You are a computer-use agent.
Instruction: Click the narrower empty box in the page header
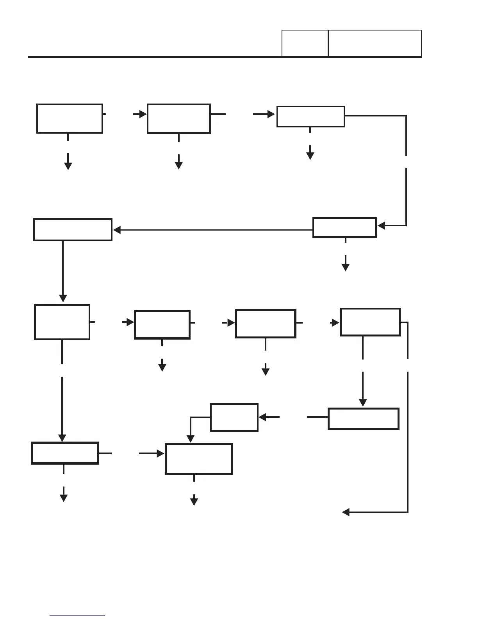point(305,43)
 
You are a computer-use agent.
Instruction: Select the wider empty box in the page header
point(375,43)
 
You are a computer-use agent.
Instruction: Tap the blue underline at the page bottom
point(77,615)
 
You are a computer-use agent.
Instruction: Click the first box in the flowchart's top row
point(70,118)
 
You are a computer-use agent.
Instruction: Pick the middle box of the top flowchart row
point(179,118)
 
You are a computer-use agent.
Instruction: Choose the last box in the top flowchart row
point(310,116)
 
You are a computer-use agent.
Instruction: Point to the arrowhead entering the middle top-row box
point(143,114)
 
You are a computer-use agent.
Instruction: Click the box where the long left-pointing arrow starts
point(344,227)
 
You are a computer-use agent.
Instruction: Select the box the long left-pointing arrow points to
point(73,229)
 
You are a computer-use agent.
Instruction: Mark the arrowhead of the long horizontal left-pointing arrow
point(116,230)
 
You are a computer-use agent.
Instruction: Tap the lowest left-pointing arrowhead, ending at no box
point(346,512)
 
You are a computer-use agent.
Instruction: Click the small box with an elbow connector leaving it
point(234,417)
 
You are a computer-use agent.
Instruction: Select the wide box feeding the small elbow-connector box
point(363,419)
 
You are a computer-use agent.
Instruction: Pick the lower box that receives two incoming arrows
point(199,459)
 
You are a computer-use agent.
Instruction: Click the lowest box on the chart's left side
point(65,453)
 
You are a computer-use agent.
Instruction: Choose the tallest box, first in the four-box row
point(62,322)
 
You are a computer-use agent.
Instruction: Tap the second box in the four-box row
point(162,324)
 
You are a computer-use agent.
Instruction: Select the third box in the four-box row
point(266,324)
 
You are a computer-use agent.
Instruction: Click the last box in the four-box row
point(370,322)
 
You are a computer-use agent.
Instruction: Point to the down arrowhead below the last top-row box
point(310,156)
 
